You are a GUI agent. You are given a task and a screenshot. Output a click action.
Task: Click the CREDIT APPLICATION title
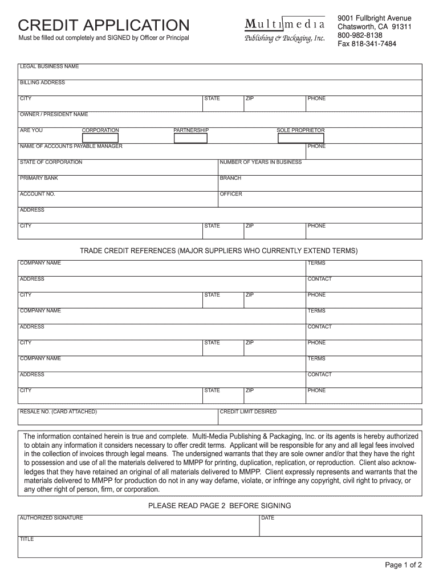pos(103,26)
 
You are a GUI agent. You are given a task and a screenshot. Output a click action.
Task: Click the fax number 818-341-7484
pos(367,44)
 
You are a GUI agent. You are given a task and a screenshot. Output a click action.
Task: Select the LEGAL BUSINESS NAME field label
pos(49,67)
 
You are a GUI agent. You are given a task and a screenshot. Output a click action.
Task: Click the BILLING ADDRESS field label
pos(42,83)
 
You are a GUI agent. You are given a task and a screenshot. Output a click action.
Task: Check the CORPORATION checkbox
pos(100,137)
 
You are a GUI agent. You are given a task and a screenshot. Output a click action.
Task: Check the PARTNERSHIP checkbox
pos(191,137)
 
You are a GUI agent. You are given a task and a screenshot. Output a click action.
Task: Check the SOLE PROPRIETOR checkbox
pos(300,137)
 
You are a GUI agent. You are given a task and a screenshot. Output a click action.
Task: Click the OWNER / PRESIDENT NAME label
pos(54,115)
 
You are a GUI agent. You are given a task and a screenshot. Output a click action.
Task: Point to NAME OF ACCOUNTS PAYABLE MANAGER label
pos(71,147)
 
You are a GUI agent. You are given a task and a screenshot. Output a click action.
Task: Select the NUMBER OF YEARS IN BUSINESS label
pos(261,163)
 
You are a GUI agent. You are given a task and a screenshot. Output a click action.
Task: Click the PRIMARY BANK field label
pos(39,179)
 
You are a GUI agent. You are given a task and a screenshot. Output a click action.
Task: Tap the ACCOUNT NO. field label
pos(37,194)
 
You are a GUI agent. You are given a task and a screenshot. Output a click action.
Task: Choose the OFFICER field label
pos(231,194)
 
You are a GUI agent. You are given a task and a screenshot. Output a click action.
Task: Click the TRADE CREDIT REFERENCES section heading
pos(219,251)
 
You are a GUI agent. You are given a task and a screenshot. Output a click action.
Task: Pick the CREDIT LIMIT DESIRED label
pos(248,412)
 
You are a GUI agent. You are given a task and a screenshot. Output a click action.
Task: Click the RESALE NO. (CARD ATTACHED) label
pos(58,412)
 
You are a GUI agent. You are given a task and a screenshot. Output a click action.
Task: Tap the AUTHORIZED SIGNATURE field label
pos(51,518)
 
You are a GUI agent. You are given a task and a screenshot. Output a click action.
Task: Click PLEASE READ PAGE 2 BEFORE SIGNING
pos(219,506)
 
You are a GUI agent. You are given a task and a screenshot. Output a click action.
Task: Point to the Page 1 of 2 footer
pos(403,566)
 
